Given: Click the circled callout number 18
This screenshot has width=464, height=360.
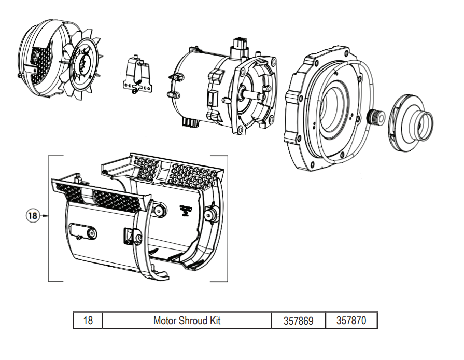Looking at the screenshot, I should [x=33, y=215].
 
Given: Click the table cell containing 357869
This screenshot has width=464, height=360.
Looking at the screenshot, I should [x=298, y=321].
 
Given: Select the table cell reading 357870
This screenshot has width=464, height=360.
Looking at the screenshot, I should [x=351, y=321].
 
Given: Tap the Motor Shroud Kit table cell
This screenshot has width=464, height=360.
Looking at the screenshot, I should [x=187, y=321].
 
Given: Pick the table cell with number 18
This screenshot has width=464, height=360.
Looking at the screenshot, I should [x=88, y=321].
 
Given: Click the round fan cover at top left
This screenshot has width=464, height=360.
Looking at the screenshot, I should [x=44, y=57].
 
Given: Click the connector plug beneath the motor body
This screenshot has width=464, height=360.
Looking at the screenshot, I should [x=189, y=124].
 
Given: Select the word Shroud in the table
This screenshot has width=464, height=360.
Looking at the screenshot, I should [x=194, y=321].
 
